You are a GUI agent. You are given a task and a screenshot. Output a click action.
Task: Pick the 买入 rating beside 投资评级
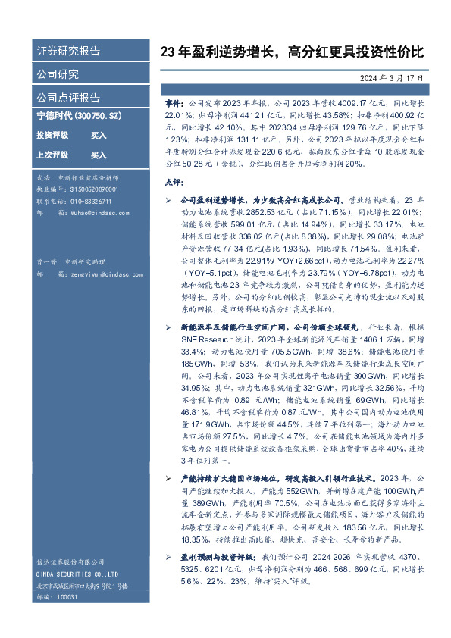[99, 136]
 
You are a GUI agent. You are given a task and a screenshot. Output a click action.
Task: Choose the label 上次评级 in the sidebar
[52, 155]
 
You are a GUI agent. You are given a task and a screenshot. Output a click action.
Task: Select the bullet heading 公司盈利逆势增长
[216, 199]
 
